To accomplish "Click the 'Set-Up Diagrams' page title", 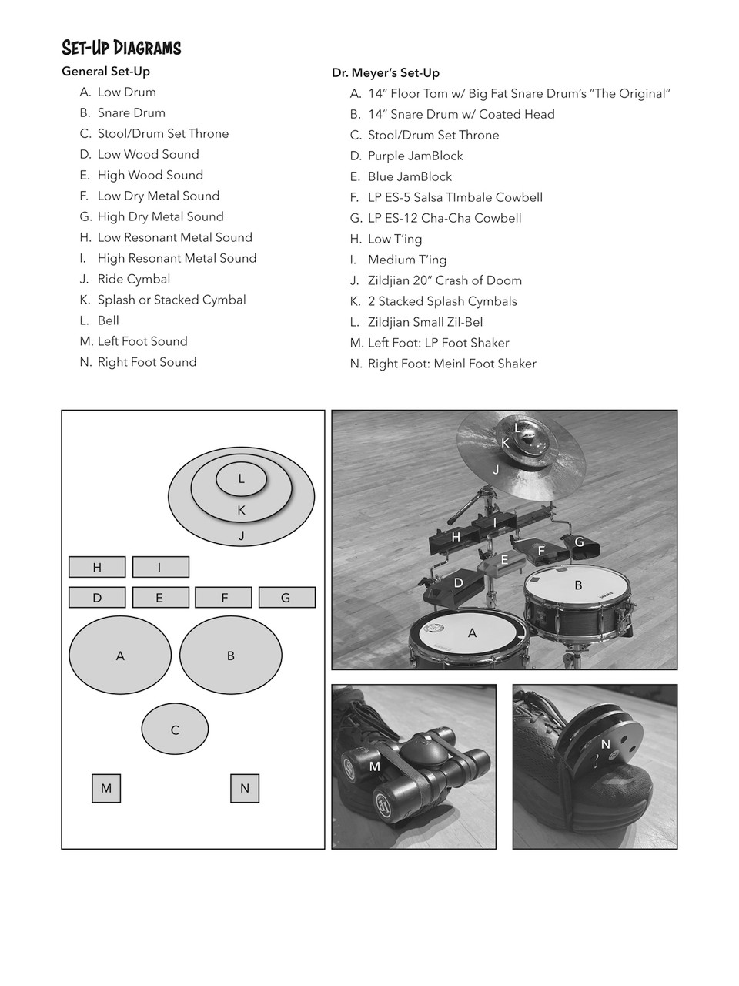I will tap(121, 49).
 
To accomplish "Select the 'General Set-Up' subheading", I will tap(105, 72).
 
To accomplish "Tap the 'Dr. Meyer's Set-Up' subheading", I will tap(385, 73).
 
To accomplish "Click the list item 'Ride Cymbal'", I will tap(133, 279).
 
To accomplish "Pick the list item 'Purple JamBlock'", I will tap(415, 156).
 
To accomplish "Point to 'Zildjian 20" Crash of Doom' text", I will tap(444, 280).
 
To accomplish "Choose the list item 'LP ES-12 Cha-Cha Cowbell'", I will tap(444, 218).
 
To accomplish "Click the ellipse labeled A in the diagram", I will tap(120, 656).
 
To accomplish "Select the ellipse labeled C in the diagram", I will tap(175, 729).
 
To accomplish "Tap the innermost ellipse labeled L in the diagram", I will tap(241, 479).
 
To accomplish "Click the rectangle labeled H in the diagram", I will tap(97, 568).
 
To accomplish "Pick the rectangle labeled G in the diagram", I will tap(286, 598).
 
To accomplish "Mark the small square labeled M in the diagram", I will tap(106, 788).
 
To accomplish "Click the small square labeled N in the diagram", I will tap(245, 788).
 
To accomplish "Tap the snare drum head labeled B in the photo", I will tap(577, 590).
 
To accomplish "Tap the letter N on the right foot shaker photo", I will tap(606, 744).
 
